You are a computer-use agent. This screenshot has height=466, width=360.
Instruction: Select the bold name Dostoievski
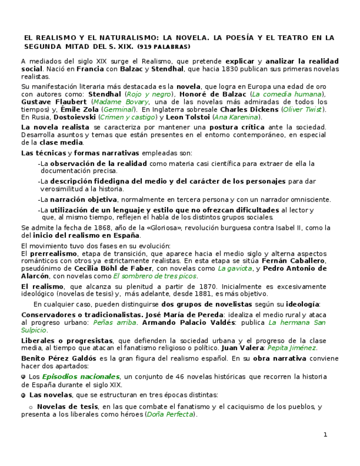tap(73, 117)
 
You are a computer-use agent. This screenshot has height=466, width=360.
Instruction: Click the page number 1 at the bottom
tap(325, 435)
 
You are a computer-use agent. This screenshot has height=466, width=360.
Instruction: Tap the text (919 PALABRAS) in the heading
tap(164, 47)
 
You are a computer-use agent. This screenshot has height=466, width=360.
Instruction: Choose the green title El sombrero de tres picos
tap(154, 276)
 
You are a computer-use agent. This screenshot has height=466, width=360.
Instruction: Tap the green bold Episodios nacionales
tap(81, 376)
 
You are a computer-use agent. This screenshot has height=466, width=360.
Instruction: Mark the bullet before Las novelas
tap(23, 395)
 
